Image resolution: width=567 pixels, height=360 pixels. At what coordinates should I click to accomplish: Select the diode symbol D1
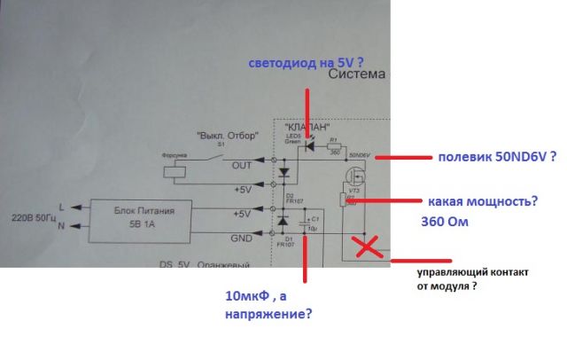click(x=283, y=217)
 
